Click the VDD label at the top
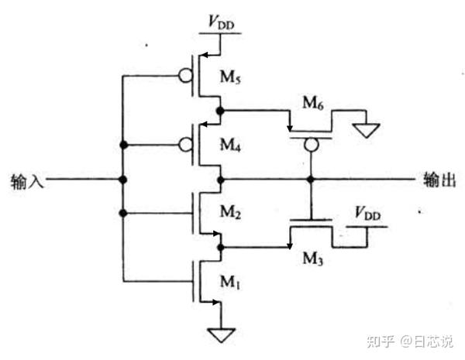[x=220, y=22]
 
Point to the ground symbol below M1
[x=221, y=334]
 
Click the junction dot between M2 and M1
[x=221, y=247]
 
